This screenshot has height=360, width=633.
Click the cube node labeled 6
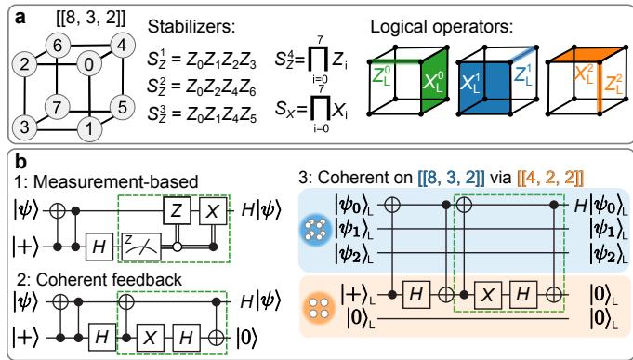point(58,46)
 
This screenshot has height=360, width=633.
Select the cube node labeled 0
point(89,63)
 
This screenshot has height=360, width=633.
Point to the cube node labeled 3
point(24,127)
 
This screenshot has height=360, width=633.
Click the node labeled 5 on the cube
point(122,108)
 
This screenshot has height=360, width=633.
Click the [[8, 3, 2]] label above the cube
point(90,18)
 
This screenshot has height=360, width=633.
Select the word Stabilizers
point(191,27)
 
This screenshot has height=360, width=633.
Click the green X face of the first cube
point(435,80)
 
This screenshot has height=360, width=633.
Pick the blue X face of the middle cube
point(484,87)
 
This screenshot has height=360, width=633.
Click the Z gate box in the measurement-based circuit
point(177,210)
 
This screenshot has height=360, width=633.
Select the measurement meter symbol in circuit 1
point(141,247)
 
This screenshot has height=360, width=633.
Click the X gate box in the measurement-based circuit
point(213,210)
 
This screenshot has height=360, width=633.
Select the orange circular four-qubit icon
point(322,307)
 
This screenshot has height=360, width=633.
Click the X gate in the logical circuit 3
point(488,296)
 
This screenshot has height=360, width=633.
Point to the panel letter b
point(21,162)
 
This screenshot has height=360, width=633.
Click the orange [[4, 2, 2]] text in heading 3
point(550,178)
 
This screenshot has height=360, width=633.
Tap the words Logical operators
point(442,27)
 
